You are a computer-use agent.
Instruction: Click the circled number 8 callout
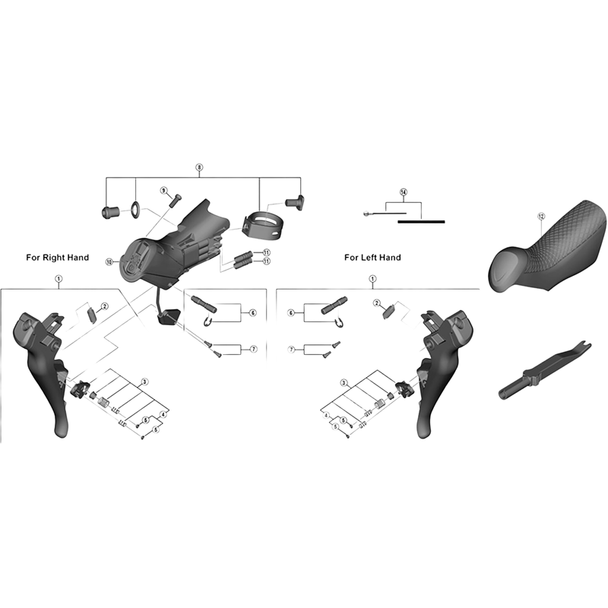coord(199,166)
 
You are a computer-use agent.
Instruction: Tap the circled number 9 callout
coord(163,190)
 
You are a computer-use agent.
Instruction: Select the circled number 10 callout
coord(109,261)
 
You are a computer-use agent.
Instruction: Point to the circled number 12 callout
coord(540,216)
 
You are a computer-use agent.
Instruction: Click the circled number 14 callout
coord(404,192)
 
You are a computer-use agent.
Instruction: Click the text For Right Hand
coord(58,258)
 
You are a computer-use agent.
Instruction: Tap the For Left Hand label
coord(372,258)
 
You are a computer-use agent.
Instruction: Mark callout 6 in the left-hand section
coord(290,312)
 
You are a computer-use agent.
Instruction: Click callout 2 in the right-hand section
coord(105,306)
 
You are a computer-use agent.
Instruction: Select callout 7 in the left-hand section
coord(290,349)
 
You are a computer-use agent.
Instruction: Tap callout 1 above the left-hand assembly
coord(372,280)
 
